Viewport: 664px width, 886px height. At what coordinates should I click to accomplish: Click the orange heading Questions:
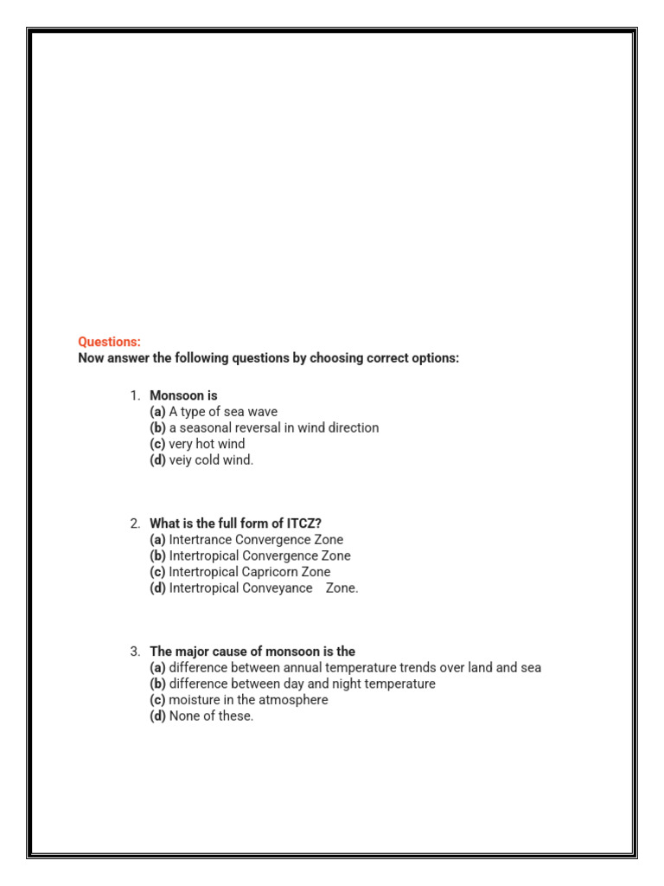click(x=109, y=342)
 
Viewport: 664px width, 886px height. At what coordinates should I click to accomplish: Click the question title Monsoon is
click(x=183, y=395)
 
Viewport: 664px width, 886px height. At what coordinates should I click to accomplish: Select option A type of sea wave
click(x=223, y=412)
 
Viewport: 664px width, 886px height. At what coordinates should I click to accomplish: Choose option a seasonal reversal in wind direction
click(x=273, y=427)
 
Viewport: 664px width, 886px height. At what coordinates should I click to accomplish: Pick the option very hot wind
click(x=207, y=444)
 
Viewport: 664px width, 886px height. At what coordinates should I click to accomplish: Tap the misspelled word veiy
click(x=183, y=460)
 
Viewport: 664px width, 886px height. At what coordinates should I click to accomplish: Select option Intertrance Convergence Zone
click(x=256, y=540)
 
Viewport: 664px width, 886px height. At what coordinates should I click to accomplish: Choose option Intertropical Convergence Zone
click(x=259, y=555)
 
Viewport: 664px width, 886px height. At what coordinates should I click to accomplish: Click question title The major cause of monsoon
click(x=252, y=652)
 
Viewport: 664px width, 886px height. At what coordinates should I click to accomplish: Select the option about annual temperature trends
click(x=354, y=668)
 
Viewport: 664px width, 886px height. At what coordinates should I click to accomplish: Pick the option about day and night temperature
click(x=302, y=684)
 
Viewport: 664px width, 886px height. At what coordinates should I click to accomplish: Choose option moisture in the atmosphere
click(x=248, y=700)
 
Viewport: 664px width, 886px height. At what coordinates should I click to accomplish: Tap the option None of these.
click(x=211, y=716)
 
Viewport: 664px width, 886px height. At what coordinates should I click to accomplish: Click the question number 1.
click(x=135, y=395)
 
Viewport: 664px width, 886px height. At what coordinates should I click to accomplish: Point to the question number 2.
click(x=135, y=523)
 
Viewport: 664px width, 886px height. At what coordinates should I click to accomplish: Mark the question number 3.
click(x=135, y=652)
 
